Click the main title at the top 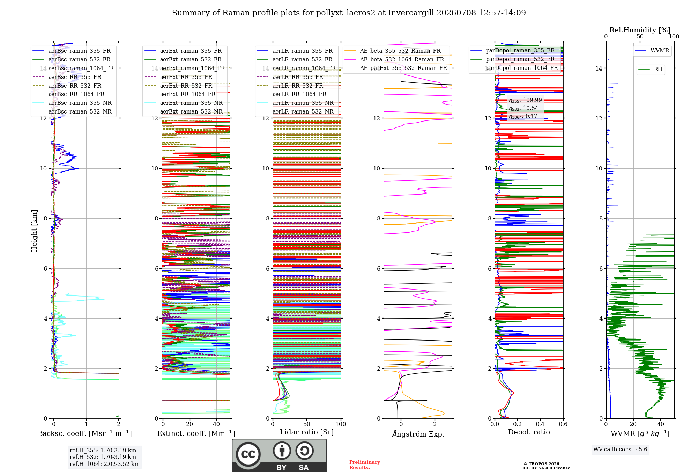349,13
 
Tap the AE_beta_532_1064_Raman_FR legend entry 394,59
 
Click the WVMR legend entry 652,51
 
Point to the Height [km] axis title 34,231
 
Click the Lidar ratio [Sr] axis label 307,432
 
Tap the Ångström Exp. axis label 418,434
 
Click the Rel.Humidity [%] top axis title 640,30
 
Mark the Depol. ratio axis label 529,432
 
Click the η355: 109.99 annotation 525,100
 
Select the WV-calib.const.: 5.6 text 620,449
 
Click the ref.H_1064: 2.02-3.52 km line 105,464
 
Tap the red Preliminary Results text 365,465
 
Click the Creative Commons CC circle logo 248,454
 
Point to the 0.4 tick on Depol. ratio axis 540,424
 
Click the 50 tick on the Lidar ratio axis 307,424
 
